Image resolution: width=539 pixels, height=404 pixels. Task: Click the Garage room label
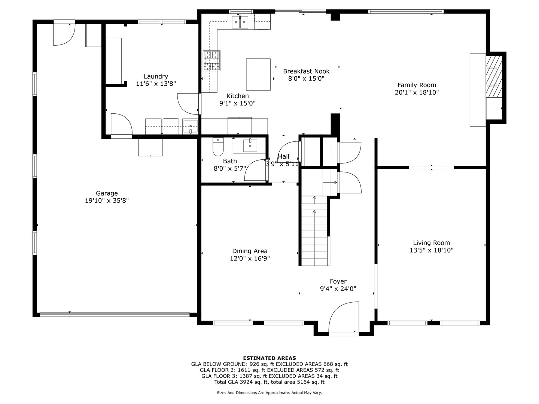(x=107, y=193)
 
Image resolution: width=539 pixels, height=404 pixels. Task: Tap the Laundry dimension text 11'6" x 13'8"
(x=156, y=84)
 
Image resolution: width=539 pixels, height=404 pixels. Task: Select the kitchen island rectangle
(x=258, y=74)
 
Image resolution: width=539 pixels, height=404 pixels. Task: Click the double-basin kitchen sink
(x=240, y=22)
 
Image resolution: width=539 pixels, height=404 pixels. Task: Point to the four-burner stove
(x=211, y=61)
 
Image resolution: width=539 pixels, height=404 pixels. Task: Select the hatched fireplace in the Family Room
(x=494, y=76)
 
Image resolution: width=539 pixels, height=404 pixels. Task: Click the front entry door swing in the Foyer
(x=344, y=318)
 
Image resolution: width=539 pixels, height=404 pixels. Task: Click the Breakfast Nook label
(x=306, y=71)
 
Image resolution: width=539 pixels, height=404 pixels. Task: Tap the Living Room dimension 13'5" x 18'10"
(x=431, y=250)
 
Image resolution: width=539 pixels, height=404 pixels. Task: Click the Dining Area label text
(x=250, y=251)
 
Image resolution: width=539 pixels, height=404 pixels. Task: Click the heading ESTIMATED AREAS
(x=269, y=358)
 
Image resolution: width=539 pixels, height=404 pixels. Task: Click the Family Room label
(x=417, y=85)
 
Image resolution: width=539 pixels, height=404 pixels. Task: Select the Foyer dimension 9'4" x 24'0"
(x=338, y=289)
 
